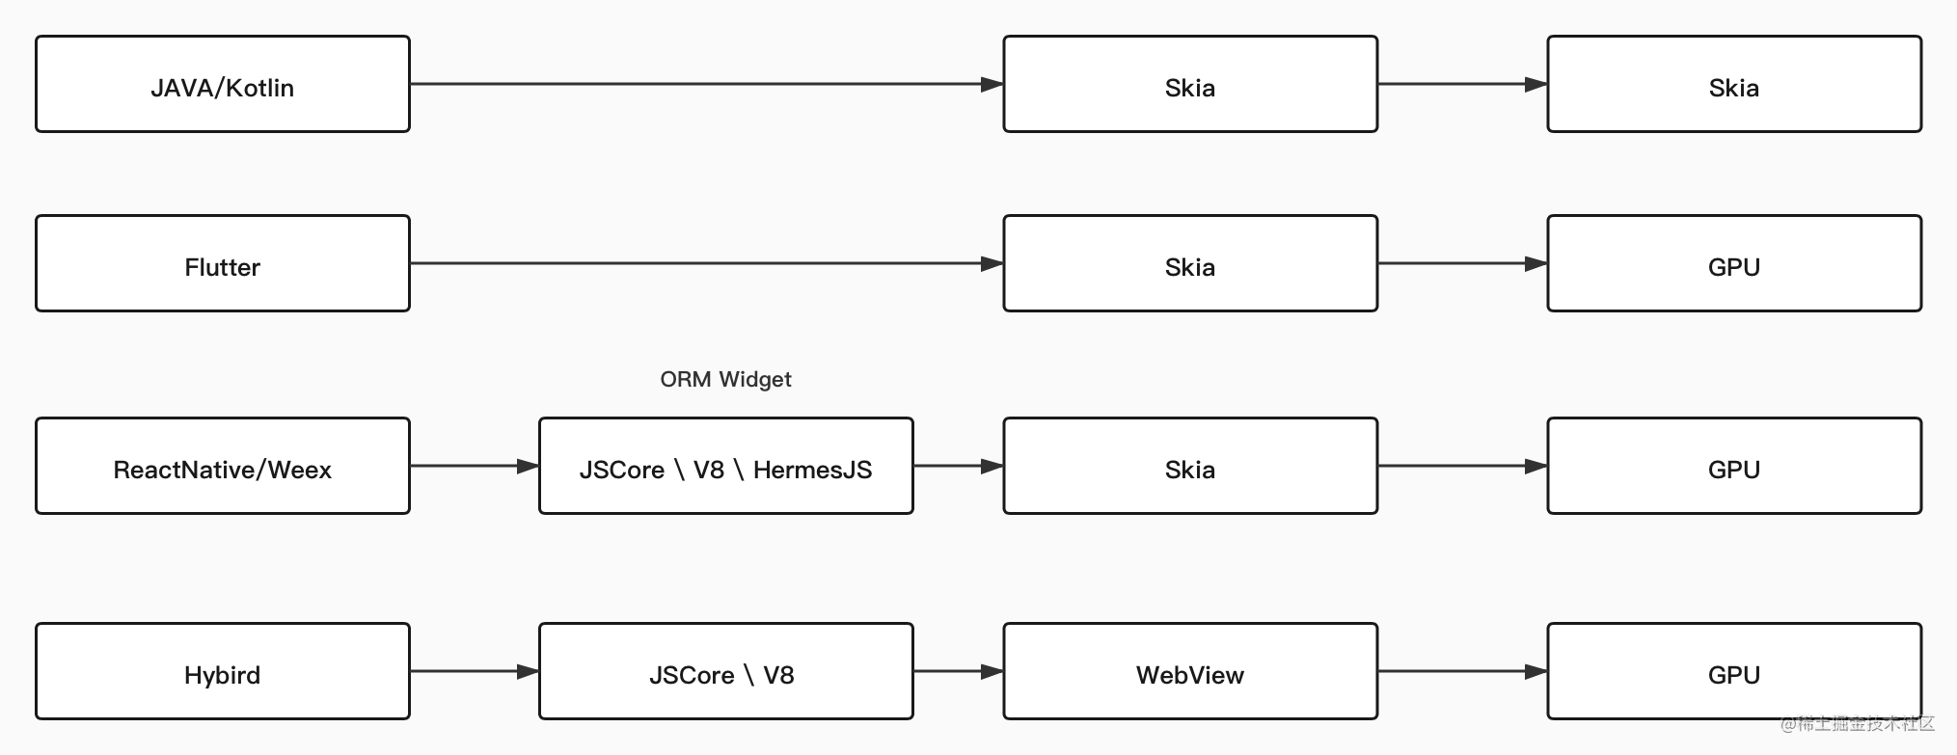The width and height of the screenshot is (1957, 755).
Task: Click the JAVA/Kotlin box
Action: [x=223, y=84]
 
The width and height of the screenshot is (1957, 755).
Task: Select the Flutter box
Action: [x=223, y=263]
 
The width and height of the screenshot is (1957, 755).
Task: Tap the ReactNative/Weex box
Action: [x=223, y=466]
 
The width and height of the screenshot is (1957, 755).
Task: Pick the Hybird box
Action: [x=223, y=671]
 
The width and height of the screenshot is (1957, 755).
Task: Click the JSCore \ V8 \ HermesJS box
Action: [x=726, y=466]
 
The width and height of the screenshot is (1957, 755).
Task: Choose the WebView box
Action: [x=1190, y=671]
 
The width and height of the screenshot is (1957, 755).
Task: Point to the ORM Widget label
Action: [x=725, y=379]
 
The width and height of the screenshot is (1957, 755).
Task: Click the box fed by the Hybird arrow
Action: [x=726, y=671]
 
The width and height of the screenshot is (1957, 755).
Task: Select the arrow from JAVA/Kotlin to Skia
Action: [x=707, y=84]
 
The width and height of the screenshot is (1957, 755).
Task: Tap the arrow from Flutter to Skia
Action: [x=707, y=263]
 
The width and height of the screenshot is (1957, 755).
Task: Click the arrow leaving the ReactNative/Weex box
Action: [x=475, y=466]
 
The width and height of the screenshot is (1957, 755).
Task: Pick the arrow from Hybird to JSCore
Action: [x=475, y=671]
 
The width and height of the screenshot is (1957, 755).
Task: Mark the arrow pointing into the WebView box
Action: [x=959, y=671]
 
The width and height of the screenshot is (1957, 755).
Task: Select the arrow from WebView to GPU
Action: [x=1463, y=671]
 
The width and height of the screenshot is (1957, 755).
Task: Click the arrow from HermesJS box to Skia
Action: [x=959, y=466]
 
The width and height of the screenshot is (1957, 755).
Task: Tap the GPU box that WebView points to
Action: [x=1734, y=671]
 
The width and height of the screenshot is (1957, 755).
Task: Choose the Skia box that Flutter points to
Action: [x=1190, y=263]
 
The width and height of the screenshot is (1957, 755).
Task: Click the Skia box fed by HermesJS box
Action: [x=1190, y=466]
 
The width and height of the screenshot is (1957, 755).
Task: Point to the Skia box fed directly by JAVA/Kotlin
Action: [x=1190, y=84]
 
